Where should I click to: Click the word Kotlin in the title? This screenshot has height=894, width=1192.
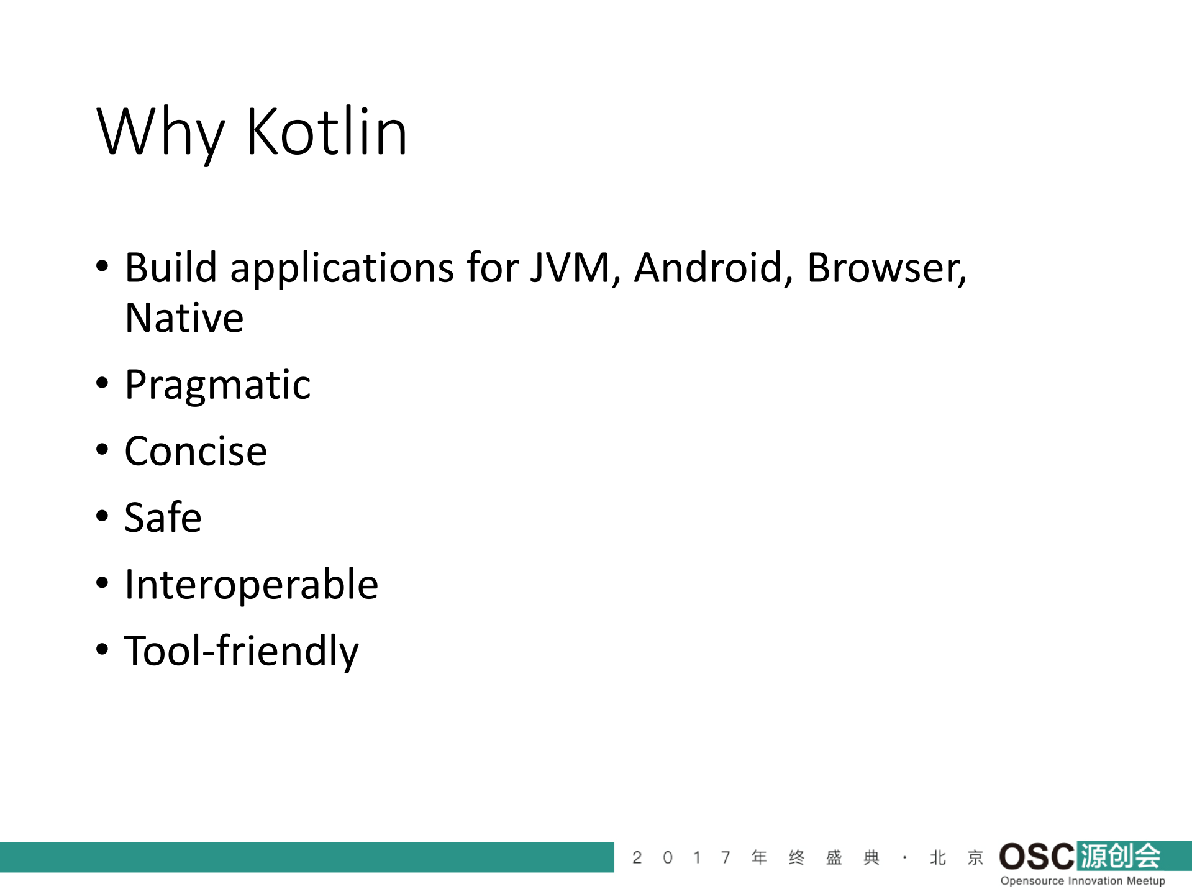tap(327, 132)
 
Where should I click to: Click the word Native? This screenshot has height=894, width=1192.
tap(184, 318)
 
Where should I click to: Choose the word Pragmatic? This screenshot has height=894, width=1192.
tap(217, 385)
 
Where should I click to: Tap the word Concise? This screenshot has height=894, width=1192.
tap(196, 451)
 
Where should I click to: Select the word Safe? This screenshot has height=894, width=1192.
tap(163, 518)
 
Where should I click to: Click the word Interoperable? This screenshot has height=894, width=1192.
tap(251, 585)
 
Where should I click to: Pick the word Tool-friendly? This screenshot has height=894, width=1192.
tap(242, 651)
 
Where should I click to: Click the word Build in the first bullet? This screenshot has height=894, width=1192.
tap(171, 268)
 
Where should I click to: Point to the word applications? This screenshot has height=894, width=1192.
tap(342, 269)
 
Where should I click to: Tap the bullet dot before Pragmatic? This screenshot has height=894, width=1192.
tap(102, 383)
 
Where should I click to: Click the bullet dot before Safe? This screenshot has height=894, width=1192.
tap(102, 516)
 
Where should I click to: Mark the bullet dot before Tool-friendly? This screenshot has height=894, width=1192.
tap(102, 649)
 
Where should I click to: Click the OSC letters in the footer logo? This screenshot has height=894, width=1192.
tap(1036, 857)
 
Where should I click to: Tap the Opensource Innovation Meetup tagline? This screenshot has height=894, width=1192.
tap(1083, 881)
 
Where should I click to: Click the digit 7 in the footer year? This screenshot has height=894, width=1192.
tap(726, 858)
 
